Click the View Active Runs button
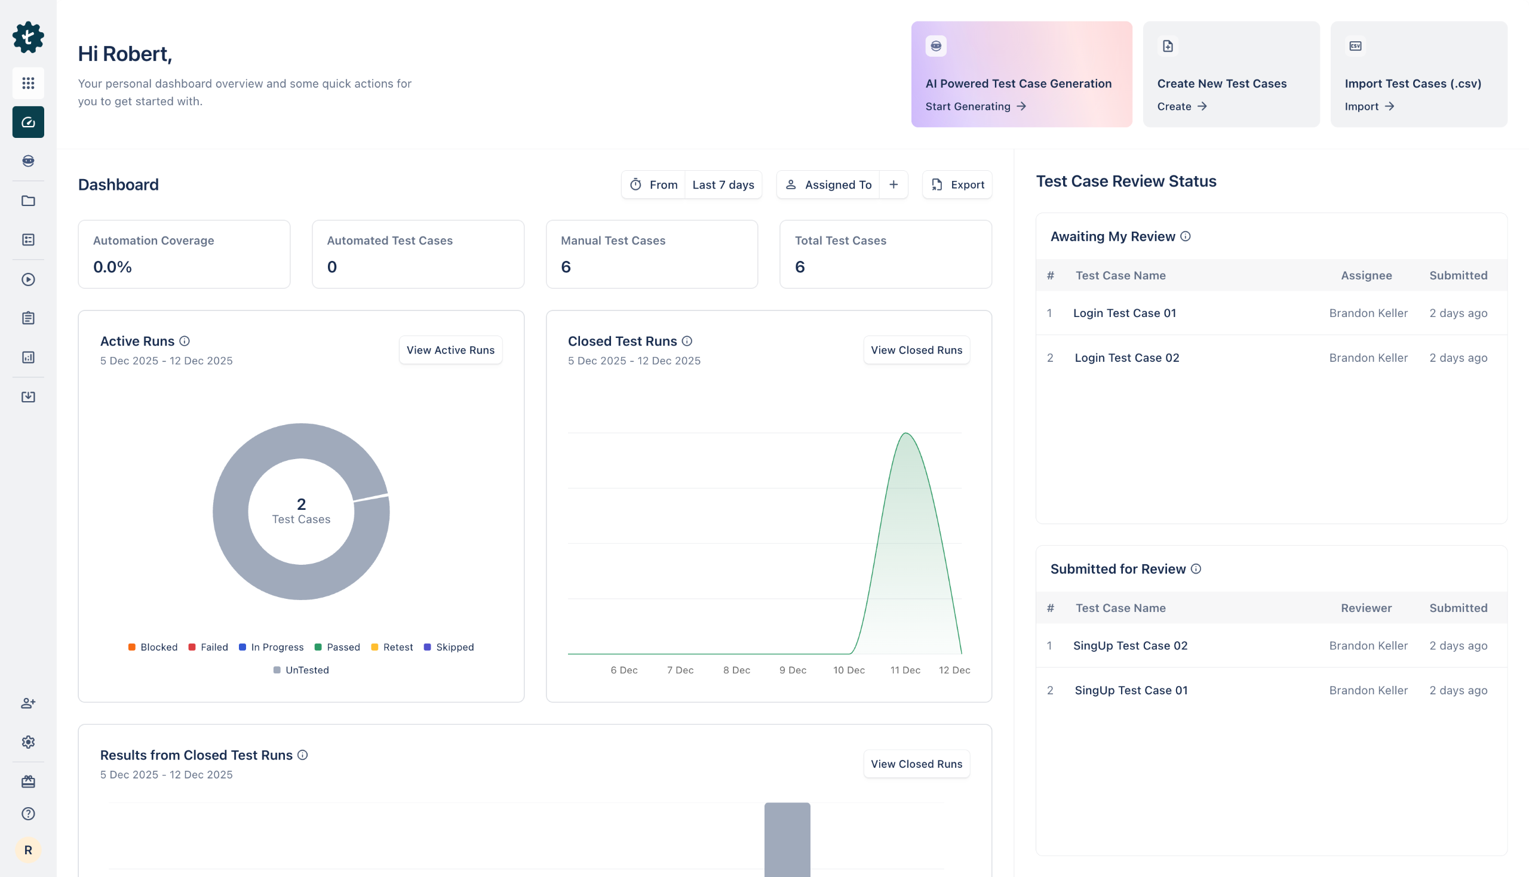pyautogui.click(x=450, y=350)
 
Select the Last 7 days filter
pyautogui.click(x=723, y=185)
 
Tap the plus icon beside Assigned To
pyautogui.click(x=894, y=185)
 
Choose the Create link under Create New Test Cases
pyautogui.click(x=1181, y=107)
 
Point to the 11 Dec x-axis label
pyautogui.click(x=905, y=670)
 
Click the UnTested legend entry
pyautogui.click(x=301, y=670)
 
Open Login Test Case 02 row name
pyautogui.click(x=1126, y=358)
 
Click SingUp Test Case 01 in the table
pyautogui.click(x=1131, y=690)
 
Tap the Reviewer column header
pyautogui.click(x=1366, y=608)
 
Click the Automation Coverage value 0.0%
pyautogui.click(x=113, y=267)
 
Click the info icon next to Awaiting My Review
pyautogui.click(x=1185, y=237)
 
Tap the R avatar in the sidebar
pyautogui.click(x=28, y=850)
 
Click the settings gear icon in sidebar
pyautogui.click(x=28, y=742)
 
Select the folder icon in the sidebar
pyautogui.click(x=28, y=201)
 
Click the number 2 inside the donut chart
pyautogui.click(x=301, y=503)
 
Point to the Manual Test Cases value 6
pyautogui.click(x=566, y=267)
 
